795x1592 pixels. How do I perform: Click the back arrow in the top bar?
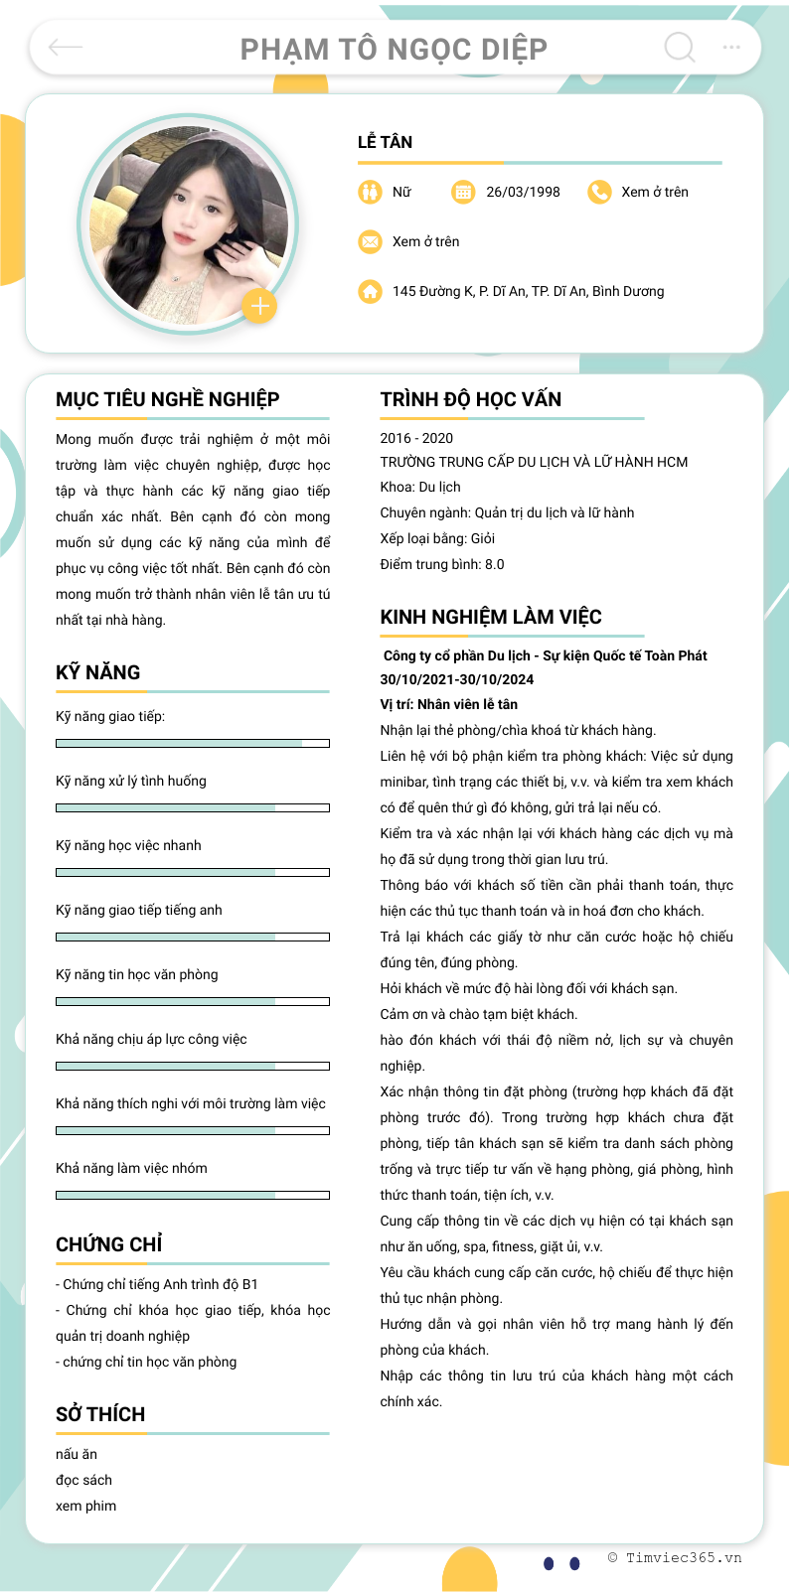coord(66,47)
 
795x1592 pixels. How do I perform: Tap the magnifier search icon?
coord(680,47)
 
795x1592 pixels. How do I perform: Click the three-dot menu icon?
coord(731,47)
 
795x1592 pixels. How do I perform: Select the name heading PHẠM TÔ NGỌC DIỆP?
coord(394,49)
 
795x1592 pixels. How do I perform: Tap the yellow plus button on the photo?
coord(259,306)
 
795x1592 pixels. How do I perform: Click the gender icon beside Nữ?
coord(370,192)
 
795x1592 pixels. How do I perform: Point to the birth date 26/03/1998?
coord(523,192)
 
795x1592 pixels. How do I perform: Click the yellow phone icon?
coord(599,192)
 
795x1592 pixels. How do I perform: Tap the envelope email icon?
coord(370,241)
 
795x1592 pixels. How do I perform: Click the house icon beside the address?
coord(370,291)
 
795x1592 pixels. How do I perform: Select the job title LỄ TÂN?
coord(386,142)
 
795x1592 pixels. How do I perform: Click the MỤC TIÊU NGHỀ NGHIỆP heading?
coord(167,399)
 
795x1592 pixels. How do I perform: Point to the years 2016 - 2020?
coord(416,438)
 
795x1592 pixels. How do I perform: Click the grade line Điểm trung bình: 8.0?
coord(442,564)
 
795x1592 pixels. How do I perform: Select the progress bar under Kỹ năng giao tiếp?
coord(193,743)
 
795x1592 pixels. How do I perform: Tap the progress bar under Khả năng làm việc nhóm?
coord(193,1195)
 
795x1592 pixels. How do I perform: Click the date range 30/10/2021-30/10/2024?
coord(457,679)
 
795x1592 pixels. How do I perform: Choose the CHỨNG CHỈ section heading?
coord(109,1244)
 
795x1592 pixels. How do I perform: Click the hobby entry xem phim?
coord(86,1506)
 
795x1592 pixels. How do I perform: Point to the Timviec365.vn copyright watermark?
coord(675,1557)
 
